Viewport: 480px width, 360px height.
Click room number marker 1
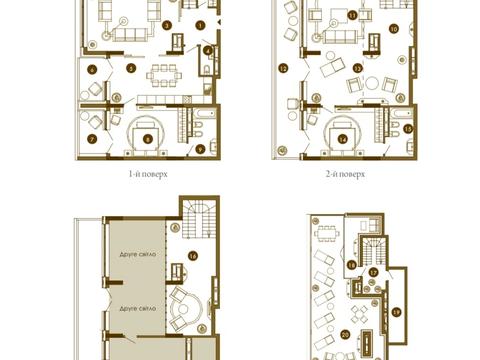click(x=201, y=23)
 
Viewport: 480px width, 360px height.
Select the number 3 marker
click(x=167, y=24)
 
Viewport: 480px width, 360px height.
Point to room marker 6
click(x=91, y=69)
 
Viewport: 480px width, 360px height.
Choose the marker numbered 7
click(x=91, y=138)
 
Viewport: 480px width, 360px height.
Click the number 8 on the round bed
click(x=148, y=139)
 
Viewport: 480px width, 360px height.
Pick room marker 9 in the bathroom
click(x=200, y=148)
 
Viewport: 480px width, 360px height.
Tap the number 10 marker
click(x=393, y=29)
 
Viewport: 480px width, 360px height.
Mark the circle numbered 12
click(x=283, y=68)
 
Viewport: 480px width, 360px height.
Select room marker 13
click(x=357, y=68)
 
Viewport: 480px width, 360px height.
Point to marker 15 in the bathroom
click(x=408, y=129)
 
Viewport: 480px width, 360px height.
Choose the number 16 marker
click(x=191, y=256)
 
